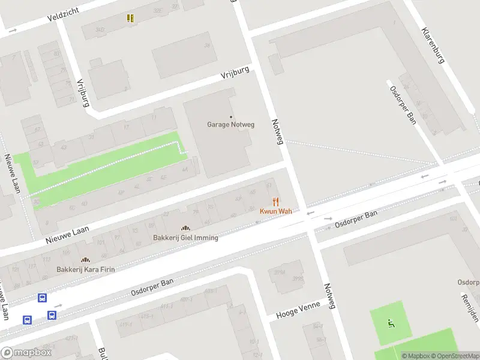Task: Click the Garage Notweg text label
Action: (x=231, y=125)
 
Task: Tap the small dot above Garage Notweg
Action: (x=231, y=117)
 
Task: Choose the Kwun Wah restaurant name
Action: (x=275, y=211)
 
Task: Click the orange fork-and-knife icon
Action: (x=275, y=202)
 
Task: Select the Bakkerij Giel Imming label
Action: (x=185, y=238)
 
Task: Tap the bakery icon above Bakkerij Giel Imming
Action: (x=185, y=228)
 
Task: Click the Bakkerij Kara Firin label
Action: (x=85, y=269)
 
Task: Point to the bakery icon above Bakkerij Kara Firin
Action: (x=85, y=260)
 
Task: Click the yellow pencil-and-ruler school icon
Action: (x=130, y=18)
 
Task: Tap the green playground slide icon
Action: (x=391, y=325)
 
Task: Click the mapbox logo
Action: (x=26, y=353)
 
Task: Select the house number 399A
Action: (x=280, y=272)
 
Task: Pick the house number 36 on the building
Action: (x=207, y=46)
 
